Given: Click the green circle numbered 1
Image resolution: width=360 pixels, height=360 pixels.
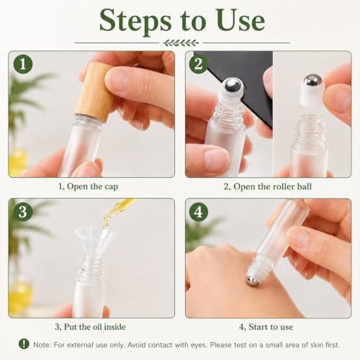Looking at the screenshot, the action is tap(23, 64).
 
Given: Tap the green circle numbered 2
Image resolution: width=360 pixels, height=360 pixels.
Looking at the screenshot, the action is tap(199, 64).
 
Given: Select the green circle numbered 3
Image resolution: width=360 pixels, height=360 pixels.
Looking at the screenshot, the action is tap(23, 211).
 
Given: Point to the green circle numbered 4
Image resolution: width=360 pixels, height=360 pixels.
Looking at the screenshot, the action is tap(199, 211).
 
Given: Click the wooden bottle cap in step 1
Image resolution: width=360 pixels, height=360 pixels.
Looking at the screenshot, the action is tap(94, 91).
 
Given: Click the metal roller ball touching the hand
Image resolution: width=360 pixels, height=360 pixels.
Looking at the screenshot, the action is tap(252, 281).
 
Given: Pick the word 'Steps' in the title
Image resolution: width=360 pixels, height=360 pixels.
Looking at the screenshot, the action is tap(135, 21).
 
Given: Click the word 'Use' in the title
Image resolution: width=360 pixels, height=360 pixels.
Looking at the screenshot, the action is tap(241, 21).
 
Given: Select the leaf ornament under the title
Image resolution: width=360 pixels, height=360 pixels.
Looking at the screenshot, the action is tap(181, 43).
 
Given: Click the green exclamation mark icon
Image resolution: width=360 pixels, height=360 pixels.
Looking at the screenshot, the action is tap(24, 344).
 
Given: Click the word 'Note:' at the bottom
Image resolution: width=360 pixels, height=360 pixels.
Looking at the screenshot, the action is tap(42, 345).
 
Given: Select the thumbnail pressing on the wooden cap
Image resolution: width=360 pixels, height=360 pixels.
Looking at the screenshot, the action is tap(117, 81).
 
